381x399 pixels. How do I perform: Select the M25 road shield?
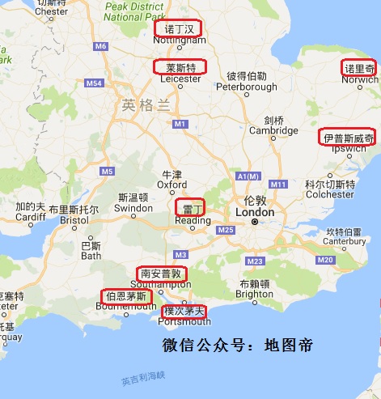[x=226, y=231]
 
